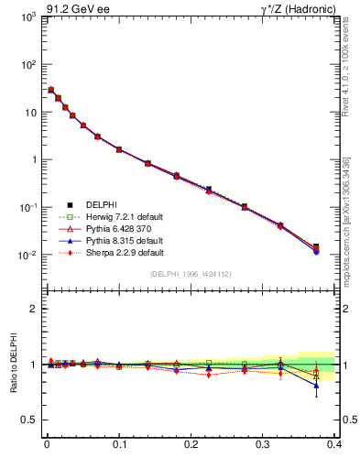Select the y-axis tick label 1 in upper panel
pyautogui.click(x=32, y=159)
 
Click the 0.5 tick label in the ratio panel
pyautogui.click(x=27, y=420)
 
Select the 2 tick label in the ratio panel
pyautogui.click(x=32, y=310)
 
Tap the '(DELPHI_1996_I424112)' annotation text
pyautogui.click(x=191, y=274)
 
